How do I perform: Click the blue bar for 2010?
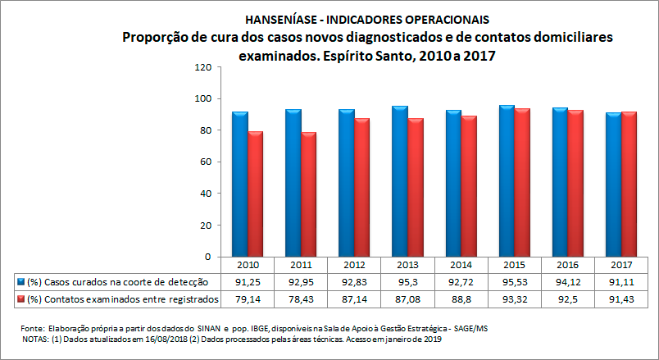pyautogui.click(x=239, y=184)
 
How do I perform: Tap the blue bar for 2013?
pyautogui.click(x=399, y=180)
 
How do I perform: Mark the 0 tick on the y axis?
pyautogui.click(x=209, y=257)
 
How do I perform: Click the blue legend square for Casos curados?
pyautogui.click(x=21, y=281)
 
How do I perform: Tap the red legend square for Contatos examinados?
pyautogui.click(x=21, y=298)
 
